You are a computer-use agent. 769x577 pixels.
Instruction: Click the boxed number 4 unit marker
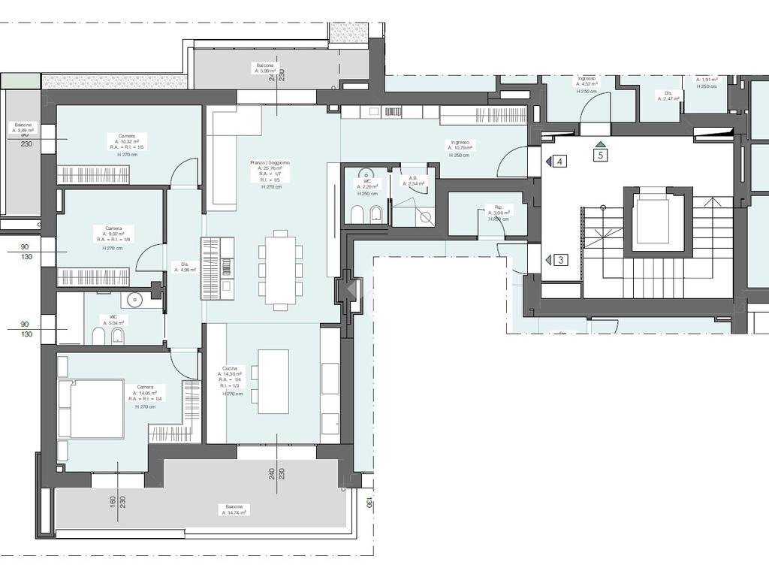pyautogui.click(x=561, y=162)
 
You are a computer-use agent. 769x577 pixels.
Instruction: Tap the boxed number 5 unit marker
pyautogui.click(x=600, y=156)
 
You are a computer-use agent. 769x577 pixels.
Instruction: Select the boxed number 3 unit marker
pyautogui.click(x=561, y=260)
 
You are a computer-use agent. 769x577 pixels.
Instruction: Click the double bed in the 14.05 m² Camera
pyautogui.click(x=91, y=408)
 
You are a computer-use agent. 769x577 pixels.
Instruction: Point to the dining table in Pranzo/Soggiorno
pyautogui.click(x=280, y=270)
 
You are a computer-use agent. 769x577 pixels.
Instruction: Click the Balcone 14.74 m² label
pyautogui.click(x=234, y=510)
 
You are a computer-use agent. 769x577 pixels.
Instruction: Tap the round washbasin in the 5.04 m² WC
pyautogui.click(x=135, y=300)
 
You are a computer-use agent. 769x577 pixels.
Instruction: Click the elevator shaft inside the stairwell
pyautogui.click(x=653, y=222)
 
